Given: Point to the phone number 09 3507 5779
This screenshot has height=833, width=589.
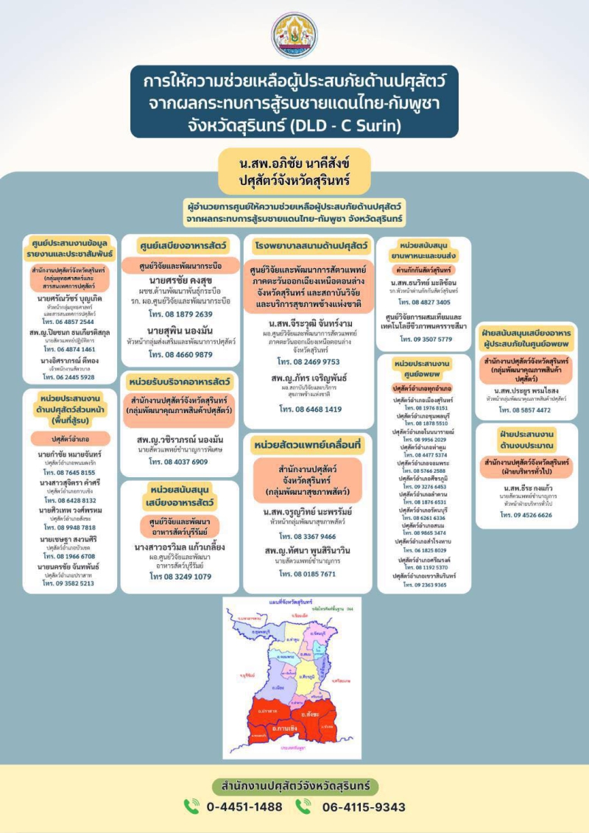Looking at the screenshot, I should pyautogui.click(x=423, y=339).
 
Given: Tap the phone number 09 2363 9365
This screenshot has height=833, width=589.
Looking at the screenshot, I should pyautogui.click(x=423, y=585).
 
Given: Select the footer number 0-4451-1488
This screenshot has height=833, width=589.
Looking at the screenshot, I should pyautogui.click(x=244, y=806).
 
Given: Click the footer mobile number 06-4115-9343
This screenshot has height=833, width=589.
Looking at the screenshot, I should pyautogui.click(x=364, y=806).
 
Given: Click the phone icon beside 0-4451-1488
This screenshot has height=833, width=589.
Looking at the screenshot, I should pyautogui.click(x=192, y=806).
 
